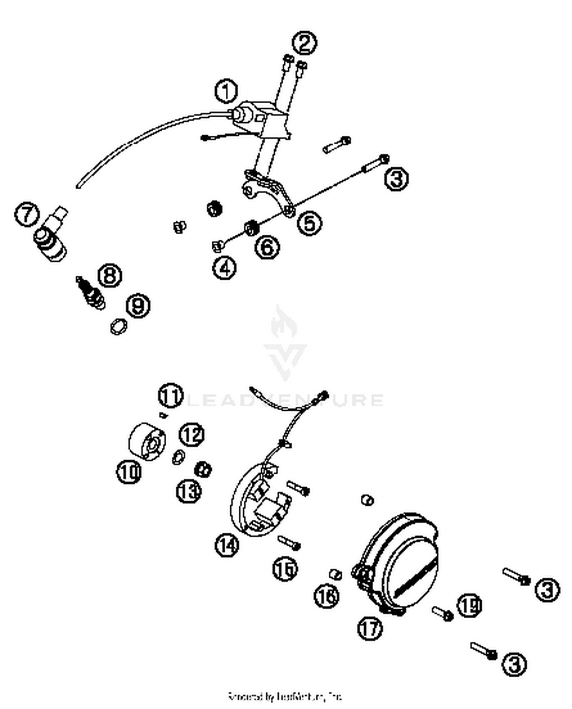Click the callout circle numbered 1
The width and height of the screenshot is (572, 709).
pos(226,91)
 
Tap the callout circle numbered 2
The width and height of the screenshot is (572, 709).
pos(304,43)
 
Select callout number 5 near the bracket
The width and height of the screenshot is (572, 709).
pos(309,223)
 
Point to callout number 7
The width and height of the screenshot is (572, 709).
pos(27,214)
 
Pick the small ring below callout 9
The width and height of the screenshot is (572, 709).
pos(118,326)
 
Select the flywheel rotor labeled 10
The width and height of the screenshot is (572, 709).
pos(147,442)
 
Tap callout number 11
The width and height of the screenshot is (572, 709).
pos(170,395)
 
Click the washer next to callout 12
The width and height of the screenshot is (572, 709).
pos(178,457)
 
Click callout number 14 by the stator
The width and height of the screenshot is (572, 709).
pos(227,545)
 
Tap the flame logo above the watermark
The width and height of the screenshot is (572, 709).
pos(284,324)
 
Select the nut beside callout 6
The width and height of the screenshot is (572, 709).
pos(252,228)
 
